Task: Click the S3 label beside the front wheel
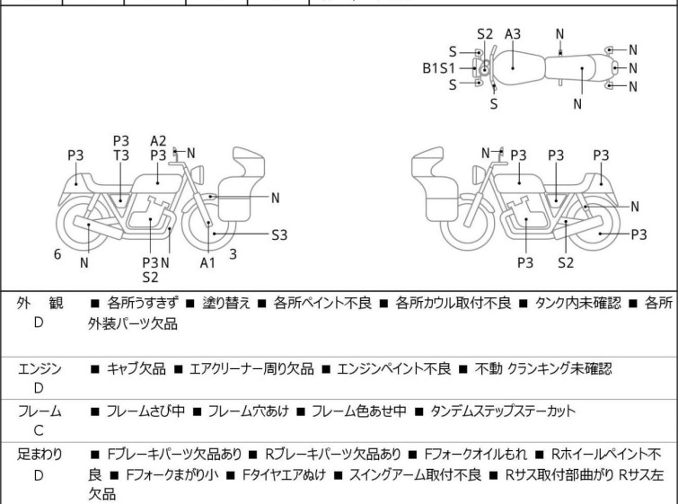(x=279, y=234)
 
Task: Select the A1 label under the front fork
(x=207, y=262)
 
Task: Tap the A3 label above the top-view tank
(x=513, y=34)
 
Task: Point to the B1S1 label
(x=438, y=68)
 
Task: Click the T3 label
(x=121, y=155)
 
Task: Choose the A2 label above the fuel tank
(x=158, y=141)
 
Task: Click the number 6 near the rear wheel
(x=57, y=254)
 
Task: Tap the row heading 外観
(x=40, y=303)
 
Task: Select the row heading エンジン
(x=40, y=368)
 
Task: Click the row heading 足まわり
(x=40, y=455)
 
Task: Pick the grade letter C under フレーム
(x=39, y=430)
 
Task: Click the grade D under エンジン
(x=39, y=388)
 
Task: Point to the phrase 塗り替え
(x=226, y=303)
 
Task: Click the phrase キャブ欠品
(x=136, y=368)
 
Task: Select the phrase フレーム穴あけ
(x=248, y=411)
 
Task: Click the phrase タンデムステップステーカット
(x=503, y=411)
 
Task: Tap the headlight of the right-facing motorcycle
(x=198, y=175)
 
